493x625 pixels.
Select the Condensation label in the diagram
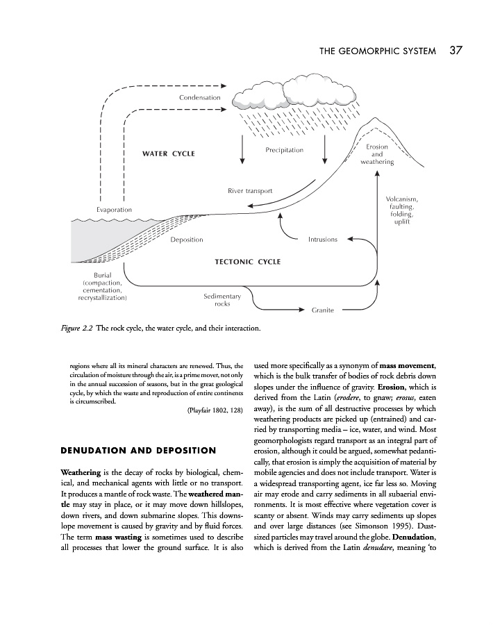(199, 97)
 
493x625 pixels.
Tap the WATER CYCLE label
(169, 153)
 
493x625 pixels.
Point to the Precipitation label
(284, 150)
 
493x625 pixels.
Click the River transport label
(250, 190)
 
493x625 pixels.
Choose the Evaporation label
(114, 210)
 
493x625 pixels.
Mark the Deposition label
(186, 240)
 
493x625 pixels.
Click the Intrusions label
(322, 240)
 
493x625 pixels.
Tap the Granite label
(324, 310)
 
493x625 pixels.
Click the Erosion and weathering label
(377, 154)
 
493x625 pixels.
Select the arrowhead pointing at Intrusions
(349, 239)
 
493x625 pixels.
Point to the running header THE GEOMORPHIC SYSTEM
(377, 51)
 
